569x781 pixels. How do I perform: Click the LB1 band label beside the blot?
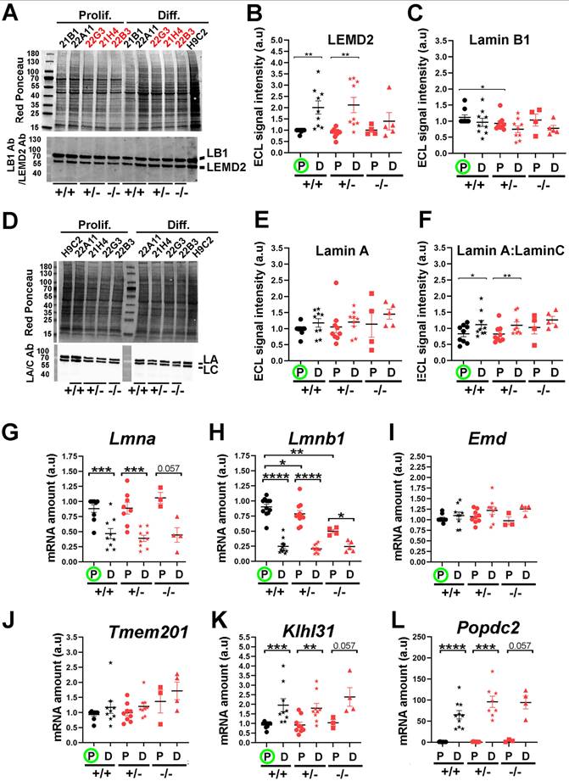219,151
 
